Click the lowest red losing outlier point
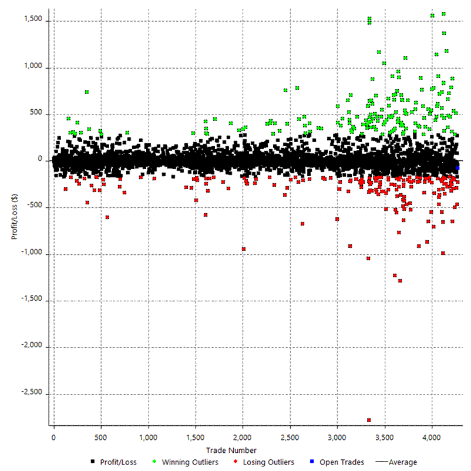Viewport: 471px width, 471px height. [x=368, y=419]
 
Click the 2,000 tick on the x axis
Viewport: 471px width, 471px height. [x=243, y=438]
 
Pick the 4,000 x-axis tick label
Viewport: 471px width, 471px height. [x=432, y=438]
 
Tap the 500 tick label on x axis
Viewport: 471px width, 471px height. [x=101, y=438]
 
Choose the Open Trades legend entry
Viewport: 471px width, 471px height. [x=341, y=462]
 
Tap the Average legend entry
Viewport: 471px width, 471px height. [x=402, y=462]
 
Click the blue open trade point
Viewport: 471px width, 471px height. [x=457, y=169]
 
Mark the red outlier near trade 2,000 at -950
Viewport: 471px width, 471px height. [x=243, y=248]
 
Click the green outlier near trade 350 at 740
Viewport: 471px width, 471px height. [x=87, y=92]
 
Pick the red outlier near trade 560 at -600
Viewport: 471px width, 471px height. [x=107, y=217]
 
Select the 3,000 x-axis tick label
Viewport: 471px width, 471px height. [x=337, y=438]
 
